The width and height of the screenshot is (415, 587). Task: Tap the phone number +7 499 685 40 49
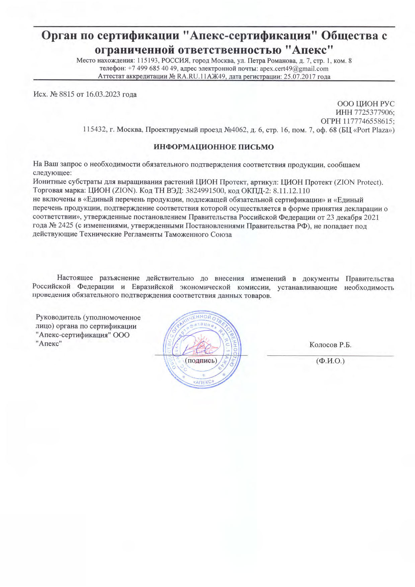tap(152, 69)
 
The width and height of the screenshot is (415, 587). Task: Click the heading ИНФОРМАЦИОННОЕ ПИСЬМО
tap(214, 147)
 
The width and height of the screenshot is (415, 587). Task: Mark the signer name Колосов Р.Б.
tap(330, 345)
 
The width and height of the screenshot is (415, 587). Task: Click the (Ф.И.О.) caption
tap(330, 361)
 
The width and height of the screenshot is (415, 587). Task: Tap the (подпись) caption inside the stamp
tap(201, 361)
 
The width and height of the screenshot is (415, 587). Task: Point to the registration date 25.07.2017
tap(299, 77)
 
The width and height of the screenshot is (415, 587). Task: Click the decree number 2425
tap(66, 226)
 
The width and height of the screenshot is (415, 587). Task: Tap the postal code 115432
tap(95, 130)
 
